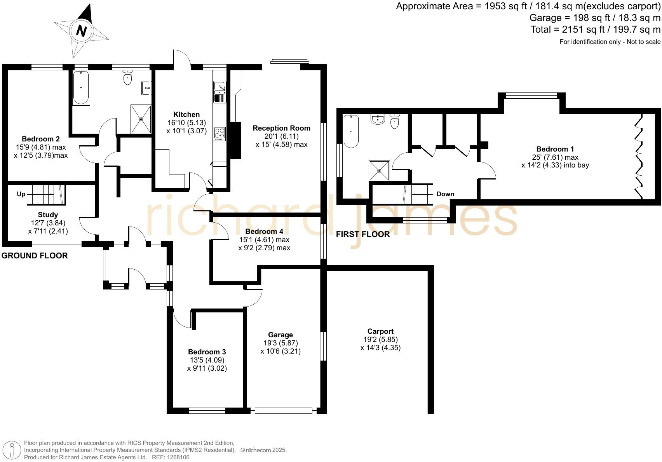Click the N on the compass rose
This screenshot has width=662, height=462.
tap(81, 30)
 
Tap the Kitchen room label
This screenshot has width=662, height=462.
tap(186, 115)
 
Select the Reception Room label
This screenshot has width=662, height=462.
tap(281, 128)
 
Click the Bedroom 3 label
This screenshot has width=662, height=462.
tap(207, 352)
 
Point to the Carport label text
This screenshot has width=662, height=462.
tap(380, 331)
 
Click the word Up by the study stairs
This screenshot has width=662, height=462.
tap(21, 194)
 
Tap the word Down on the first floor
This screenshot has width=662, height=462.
tap(445, 194)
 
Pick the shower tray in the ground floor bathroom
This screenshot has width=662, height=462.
tap(141, 119)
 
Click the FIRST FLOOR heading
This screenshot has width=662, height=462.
tap(362, 234)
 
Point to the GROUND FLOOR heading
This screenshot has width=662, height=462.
tap(35, 256)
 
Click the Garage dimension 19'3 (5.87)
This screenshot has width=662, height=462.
tap(280, 343)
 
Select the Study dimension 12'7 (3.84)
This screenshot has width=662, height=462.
tap(48, 223)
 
